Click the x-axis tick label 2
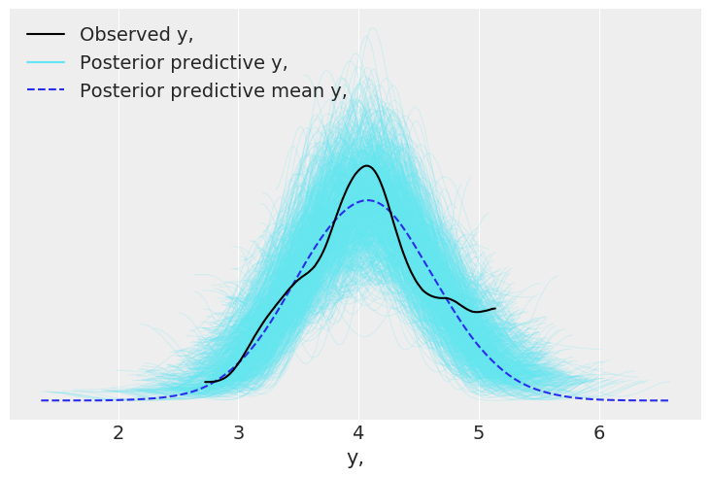[x=118, y=433]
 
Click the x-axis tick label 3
[x=239, y=433]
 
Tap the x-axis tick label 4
[x=358, y=433]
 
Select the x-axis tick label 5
[x=479, y=433]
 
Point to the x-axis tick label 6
[x=599, y=433]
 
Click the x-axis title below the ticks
[x=355, y=459]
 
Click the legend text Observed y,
[x=136, y=35]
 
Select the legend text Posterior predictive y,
[x=184, y=63]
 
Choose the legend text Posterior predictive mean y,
[x=213, y=91]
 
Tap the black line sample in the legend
[x=46, y=35]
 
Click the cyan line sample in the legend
[x=46, y=63]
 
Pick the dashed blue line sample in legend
[x=46, y=91]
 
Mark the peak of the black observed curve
[x=366, y=166]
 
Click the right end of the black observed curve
[x=495, y=308]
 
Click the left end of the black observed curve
[x=206, y=382]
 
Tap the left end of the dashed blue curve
[x=41, y=400]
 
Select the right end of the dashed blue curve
[x=668, y=400]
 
